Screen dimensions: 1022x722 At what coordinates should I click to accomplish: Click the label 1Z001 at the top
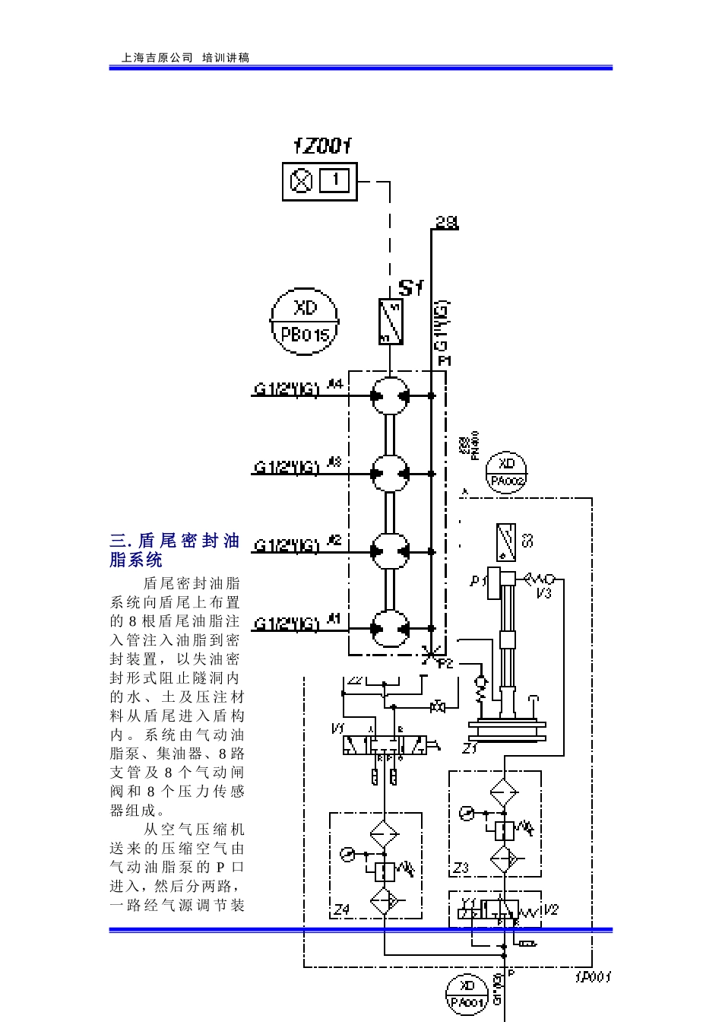click(x=323, y=146)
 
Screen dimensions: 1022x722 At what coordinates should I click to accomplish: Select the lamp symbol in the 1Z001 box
click(x=302, y=181)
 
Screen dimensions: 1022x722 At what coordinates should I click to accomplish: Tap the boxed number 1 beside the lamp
click(x=335, y=181)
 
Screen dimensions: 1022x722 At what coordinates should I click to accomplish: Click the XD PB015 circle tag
click(x=305, y=321)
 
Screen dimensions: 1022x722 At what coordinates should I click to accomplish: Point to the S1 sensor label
click(x=410, y=288)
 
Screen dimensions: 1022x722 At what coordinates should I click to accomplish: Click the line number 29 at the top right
click(x=447, y=222)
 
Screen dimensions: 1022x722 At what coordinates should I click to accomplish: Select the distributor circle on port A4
click(x=391, y=395)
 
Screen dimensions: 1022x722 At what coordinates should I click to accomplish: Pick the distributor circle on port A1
click(x=391, y=628)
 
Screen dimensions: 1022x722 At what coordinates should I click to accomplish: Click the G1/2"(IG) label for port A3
click(x=286, y=467)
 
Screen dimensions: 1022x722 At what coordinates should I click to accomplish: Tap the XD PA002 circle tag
click(x=507, y=472)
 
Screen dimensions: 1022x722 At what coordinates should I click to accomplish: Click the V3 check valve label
click(x=543, y=593)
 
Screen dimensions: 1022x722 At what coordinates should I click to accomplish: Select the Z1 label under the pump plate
click(x=470, y=748)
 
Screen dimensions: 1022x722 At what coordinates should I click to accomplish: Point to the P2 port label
click(x=445, y=663)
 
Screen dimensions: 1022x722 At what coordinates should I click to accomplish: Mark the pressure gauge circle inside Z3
click(x=467, y=814)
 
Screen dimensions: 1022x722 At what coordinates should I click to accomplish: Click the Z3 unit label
click(x=461, y=867)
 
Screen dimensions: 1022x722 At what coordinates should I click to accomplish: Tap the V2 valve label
click(x=551, y=909)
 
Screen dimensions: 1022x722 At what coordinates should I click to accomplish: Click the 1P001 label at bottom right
click(x=593, y=976)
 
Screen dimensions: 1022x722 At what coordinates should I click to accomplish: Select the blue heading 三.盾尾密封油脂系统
click(x=175, y=551)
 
